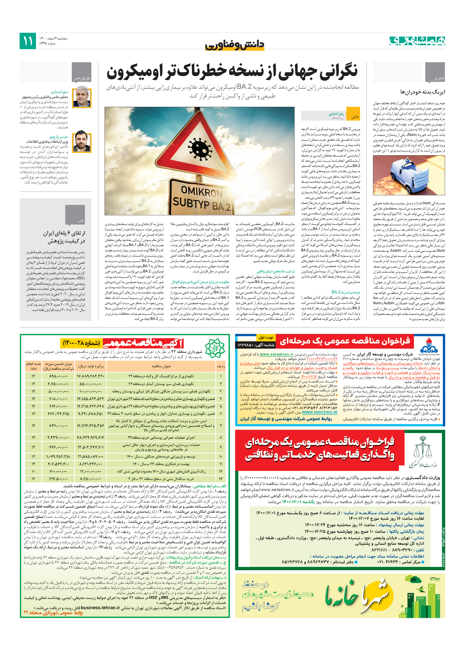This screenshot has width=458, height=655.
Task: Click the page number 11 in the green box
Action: coord(28,41)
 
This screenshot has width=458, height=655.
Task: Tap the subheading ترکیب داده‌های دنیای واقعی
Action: coord(275,271)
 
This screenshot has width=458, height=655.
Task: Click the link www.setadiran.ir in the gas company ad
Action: coord(276,354)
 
